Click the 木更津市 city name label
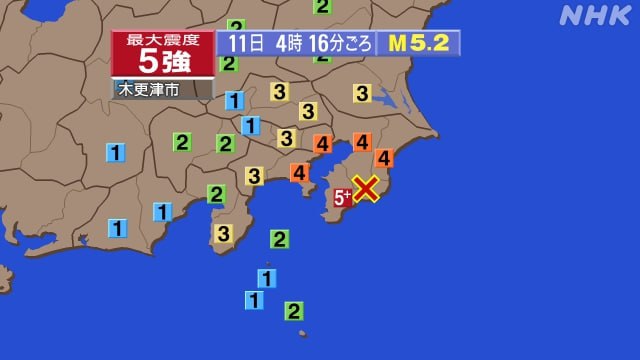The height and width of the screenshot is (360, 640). point(150,89)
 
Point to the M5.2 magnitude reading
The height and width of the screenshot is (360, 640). point(417,43)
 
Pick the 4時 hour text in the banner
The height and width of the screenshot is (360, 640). point(289,43)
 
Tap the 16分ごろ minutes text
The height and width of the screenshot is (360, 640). point(340,43)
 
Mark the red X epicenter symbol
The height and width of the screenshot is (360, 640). point(367,188)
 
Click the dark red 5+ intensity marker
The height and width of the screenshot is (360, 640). point(341,197)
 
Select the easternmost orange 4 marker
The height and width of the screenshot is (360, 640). point(384,157)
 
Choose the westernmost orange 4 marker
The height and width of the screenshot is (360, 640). point(299,172)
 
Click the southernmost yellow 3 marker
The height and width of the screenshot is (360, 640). point(223,233)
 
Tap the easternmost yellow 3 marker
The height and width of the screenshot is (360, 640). point(362,93)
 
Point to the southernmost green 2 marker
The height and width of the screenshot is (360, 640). point(294,311)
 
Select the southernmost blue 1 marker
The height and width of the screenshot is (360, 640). point(255,299)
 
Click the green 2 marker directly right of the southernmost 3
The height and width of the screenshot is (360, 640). point(280,238)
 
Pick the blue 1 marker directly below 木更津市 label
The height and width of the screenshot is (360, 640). point(234,100)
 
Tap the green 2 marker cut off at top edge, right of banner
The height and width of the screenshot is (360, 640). point(322,6)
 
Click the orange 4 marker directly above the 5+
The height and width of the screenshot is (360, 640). point(362,142)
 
